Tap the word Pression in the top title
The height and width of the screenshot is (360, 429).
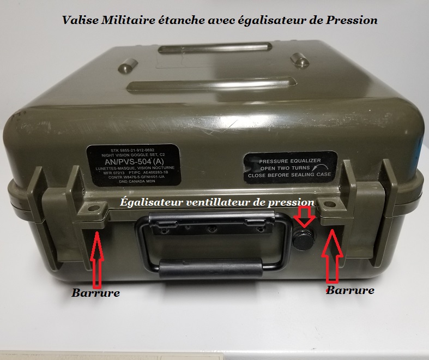click(x=349, y=20)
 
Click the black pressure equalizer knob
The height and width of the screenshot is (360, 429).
click(x=304, y=238)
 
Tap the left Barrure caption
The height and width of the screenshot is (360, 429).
click(x=96, y=293)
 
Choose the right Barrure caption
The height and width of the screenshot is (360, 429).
click(x=350, y=290)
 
